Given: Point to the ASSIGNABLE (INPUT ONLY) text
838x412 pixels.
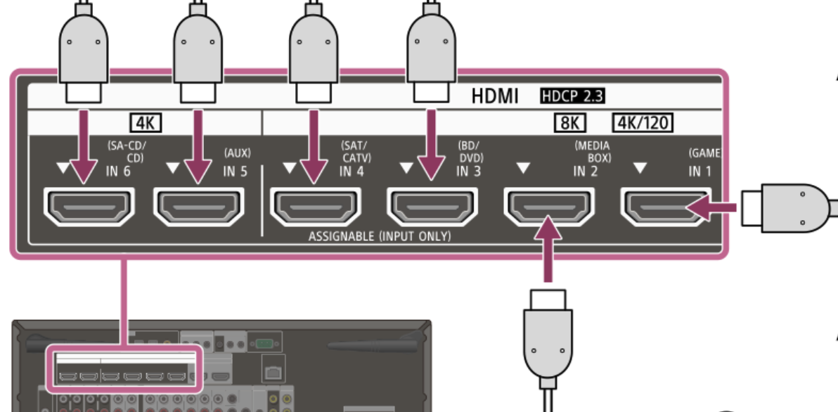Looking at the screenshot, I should (x=380, y=236).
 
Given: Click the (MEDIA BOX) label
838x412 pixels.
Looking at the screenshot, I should (x=592, y=151).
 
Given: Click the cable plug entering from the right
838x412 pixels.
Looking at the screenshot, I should (x=787, y=207).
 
